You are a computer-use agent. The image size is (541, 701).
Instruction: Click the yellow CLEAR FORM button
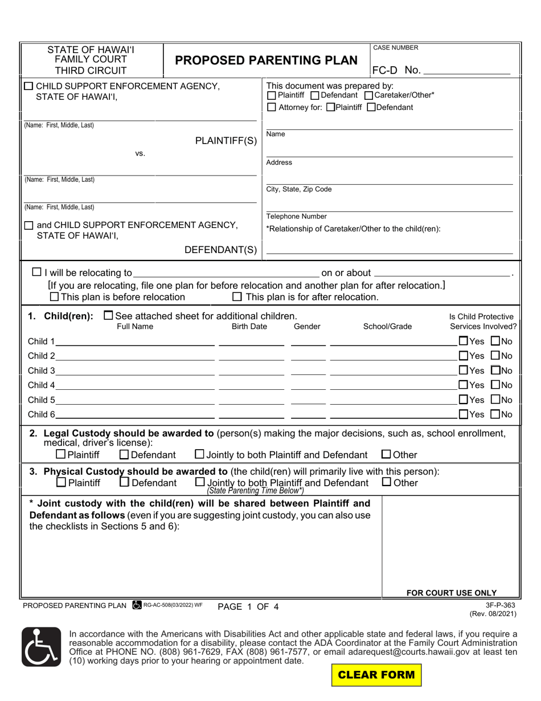(376, 675)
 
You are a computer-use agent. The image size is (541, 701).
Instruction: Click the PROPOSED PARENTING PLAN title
(267, 60)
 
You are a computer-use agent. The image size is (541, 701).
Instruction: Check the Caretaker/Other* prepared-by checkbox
(368, 96)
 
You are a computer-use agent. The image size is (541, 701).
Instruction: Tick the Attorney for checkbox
(272, 107)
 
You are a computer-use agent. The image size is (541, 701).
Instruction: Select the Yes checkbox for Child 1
(463, 341)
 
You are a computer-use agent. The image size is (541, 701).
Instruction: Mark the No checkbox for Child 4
(495, 385)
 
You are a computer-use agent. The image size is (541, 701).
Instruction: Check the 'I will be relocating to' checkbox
(37, 272)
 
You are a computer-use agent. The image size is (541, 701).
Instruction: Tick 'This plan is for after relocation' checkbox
(237, 297)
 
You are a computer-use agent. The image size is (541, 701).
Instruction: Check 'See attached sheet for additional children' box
(108, 316)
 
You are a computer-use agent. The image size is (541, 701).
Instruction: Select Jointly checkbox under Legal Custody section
(199, 455)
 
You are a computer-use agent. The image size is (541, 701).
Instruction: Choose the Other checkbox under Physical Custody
(386, 482)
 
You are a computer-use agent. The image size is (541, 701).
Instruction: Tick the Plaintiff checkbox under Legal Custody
(61, 455)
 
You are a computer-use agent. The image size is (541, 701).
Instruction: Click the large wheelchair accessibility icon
(41, 647)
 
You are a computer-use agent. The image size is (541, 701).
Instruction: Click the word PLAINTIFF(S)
(226, 141)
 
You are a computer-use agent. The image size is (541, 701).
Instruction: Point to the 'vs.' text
(140, 153)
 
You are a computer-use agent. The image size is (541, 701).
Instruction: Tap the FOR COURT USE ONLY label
(451, 593)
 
